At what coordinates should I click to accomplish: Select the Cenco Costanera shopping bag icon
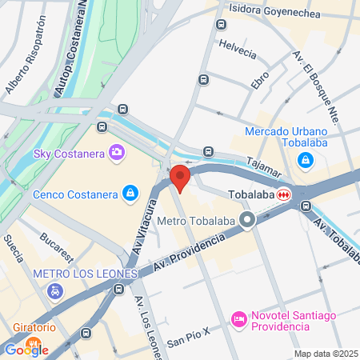(130, 193)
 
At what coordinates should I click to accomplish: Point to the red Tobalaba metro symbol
(284, 194)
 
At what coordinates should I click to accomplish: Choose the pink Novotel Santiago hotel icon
(238, 319)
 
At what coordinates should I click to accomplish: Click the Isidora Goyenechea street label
(274, 12)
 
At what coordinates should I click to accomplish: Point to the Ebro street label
(260, 80)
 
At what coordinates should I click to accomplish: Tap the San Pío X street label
(190, 340)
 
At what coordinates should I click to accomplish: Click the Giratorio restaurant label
(34, 327)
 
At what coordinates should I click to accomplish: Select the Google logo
(26, 349)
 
